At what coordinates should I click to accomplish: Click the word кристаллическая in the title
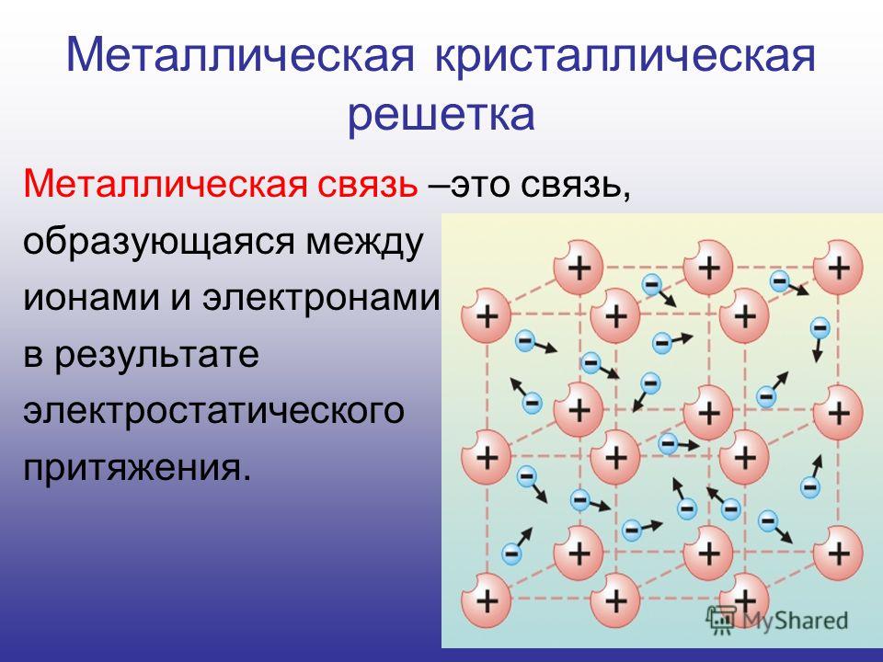point(626,56)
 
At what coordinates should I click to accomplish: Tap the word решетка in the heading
point(441,115)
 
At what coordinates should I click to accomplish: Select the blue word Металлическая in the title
point(241,56)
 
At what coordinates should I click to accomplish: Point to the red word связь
point(367,184)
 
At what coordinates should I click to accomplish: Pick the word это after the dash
point(480,185)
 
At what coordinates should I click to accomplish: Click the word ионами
point(91,298)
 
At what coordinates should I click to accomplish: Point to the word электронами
point(321,298)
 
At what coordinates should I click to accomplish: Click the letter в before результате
point(33,356)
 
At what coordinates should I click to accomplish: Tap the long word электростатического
point(214,412)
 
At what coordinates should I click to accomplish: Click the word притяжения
point(137,468)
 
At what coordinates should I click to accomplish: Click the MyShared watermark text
point(795,620)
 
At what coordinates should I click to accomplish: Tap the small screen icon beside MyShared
point(721,620)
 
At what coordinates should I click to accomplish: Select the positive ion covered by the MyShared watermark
point(744,599)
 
